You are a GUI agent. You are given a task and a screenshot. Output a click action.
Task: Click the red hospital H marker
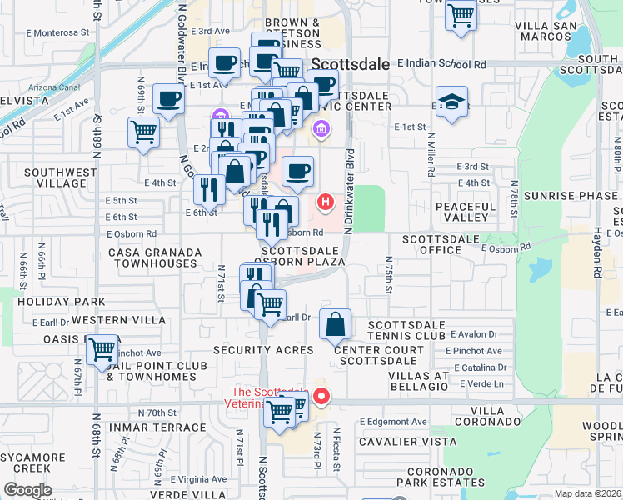point(326,202)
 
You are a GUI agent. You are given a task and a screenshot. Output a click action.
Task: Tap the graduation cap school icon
point(451,102)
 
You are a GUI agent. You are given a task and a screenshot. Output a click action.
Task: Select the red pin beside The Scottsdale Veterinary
point(320,395)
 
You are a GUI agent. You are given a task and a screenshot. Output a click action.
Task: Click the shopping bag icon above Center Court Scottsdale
point(335,324)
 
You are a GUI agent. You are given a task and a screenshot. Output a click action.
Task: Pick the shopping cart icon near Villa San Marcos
point(461,15)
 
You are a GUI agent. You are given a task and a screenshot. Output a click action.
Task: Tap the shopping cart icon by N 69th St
point(144,131)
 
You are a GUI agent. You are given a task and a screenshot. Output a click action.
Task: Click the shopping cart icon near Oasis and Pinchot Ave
point(102,350)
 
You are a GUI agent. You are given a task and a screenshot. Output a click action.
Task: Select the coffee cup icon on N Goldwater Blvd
point(168,99)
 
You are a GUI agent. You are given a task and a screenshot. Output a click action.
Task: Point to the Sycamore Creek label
point(37,463)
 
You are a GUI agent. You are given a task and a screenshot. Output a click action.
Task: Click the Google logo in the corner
point(28,489)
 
